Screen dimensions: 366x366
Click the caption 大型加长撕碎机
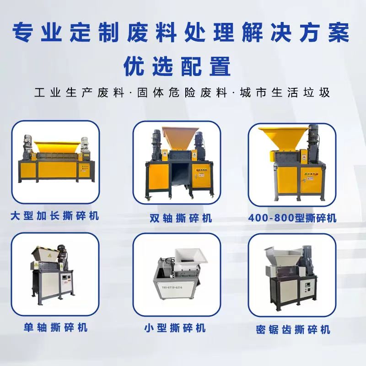pyautogui.click(x=54, y=215)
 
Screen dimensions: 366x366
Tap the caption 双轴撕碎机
pyautogui.click(x=181, y=218)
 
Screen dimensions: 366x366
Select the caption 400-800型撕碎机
pyautogui.click(x=292, y=218)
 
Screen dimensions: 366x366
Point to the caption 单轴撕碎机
pyautogui.click(x=55, y=327)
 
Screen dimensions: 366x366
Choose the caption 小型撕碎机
pyautogui.click(x=175, y=328)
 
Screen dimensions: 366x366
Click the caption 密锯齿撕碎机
pyautogui.click(x=293, y=329)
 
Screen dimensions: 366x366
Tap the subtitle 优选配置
pyautogui.click(x=177, y=66)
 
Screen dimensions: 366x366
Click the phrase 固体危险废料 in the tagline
pyautogui.click(x=182, y=92)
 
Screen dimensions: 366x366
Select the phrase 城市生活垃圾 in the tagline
pyautogui.click(x=285, y=92)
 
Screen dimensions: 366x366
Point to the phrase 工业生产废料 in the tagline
pyautogui.click(x=79, y=92)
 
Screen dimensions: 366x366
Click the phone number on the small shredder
pyautogui.click(x=172, y=287)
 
